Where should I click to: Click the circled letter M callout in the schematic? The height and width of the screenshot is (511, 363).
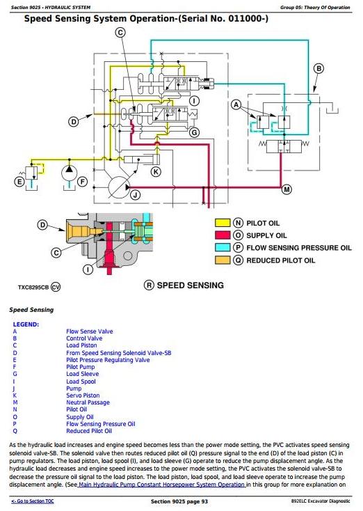pos(287,189)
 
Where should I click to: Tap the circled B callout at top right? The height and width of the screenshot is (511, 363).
pos(318,69)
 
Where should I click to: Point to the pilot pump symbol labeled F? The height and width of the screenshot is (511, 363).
pos(70,173)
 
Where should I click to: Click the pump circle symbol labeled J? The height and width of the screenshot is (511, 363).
pos(118,187)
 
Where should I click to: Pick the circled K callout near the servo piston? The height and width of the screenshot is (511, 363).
pos(156,171)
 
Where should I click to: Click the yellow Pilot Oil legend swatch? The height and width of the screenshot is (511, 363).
pos(223,223)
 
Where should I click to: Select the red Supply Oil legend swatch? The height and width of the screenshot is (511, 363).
pos(223,235)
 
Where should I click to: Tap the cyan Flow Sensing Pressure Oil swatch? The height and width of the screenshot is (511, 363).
pos(223,248)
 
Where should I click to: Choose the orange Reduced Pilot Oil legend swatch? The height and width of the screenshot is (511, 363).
pos(223,260)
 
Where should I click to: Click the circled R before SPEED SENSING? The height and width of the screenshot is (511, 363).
pos(149,285)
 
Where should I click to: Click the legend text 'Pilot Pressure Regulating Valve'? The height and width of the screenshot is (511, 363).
pos(108,360)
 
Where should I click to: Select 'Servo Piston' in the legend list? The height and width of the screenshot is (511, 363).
pos(83,395)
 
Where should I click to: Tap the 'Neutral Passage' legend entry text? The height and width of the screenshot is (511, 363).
pos(88,402)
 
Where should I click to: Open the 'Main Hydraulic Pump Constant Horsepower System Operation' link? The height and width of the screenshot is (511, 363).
pos(162,485)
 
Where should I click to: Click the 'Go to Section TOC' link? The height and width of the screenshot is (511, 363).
pos(33,501)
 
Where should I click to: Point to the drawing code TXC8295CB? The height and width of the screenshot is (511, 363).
pos(33,288)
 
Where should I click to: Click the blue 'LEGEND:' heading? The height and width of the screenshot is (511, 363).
pos(26,324)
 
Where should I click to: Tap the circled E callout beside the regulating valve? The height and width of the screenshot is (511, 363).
pos(19,182)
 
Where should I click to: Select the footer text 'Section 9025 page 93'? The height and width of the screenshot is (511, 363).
pos(179,501)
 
